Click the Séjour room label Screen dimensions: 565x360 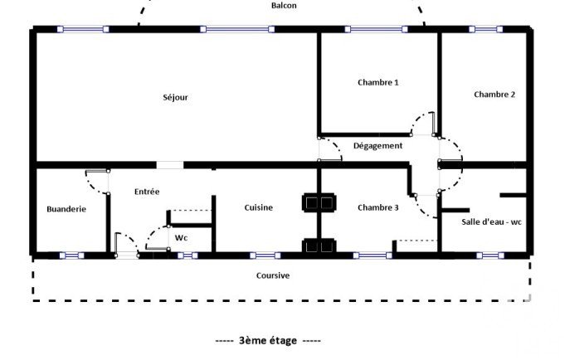(x=176, y=97)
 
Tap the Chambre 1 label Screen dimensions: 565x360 (x=378, y=82)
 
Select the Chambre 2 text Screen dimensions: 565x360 (x=494, y=95)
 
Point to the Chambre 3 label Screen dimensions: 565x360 (x=378, y=207)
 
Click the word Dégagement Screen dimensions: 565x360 (x=377, y=146)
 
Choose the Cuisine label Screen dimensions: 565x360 (x=258, y=207)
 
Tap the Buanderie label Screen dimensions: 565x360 (x=66, y=209)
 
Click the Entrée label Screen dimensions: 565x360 (x=147, y=192)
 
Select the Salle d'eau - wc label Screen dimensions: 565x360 (x=491, y=222)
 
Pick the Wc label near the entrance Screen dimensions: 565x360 (x=181, y=238)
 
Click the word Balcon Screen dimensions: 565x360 (x=284, y=6)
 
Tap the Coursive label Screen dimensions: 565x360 (x=273, y=275)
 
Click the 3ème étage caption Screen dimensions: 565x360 (x=268, y=341)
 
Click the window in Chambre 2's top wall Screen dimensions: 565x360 (x=485, y=29)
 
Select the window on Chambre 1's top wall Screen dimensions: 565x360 (x=376, y=29)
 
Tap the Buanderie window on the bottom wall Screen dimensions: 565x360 (x=71, y=255)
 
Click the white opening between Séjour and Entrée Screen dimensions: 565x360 (x=170, y=165)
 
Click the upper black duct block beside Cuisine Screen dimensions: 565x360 (x=319, y=203)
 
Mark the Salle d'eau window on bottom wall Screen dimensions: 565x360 (x=490, y=255)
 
